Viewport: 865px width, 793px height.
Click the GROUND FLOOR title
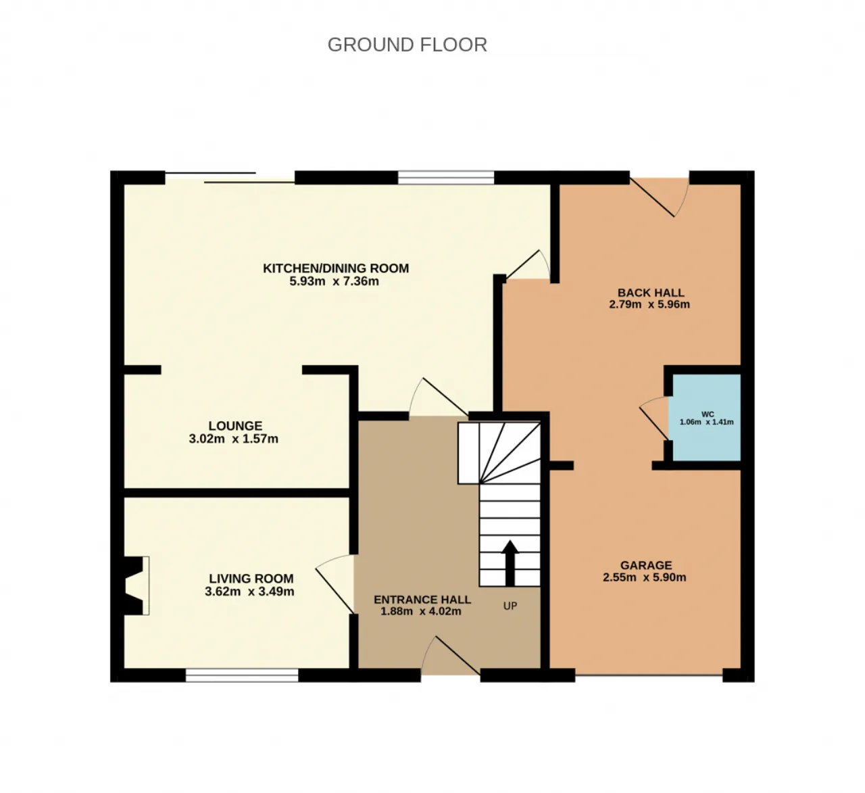pyautogui.click(x=407, y=45)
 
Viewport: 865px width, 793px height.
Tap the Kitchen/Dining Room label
pyautogui.click(x=336, y=268)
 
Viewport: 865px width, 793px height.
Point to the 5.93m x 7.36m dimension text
pyautogui.click(x=335, y=281)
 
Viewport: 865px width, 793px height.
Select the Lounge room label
pyautogui.click(x=235, y=426)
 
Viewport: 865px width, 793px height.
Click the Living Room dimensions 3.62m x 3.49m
pyautogui.click(x=249, y=591)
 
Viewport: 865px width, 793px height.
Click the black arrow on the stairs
pyautogui.click(x=510, y=563)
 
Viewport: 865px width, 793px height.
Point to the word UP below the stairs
pyautogui.click(x=510, y=606)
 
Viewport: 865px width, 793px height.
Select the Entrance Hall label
pyautogui.click(x=422, y=599)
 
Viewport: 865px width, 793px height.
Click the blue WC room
pyautogui.click(x=707, y=417)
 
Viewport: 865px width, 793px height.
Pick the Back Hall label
pyautogui.click(x=651, y=293)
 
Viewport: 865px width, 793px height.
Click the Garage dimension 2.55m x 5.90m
pyautogui.click(x=644, y=577)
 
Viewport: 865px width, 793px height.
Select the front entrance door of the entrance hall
pyautogui.click(x=451, y=655)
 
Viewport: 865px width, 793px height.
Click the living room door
pyautogui.click(x=335, y=583)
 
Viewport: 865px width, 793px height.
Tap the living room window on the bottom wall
pyautogui.click(x=242, y=675)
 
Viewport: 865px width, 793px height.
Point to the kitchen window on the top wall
pyautogui.click(x=446, y=177)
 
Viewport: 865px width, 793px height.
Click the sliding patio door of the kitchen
pyautogui.click(x=230, y=178)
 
